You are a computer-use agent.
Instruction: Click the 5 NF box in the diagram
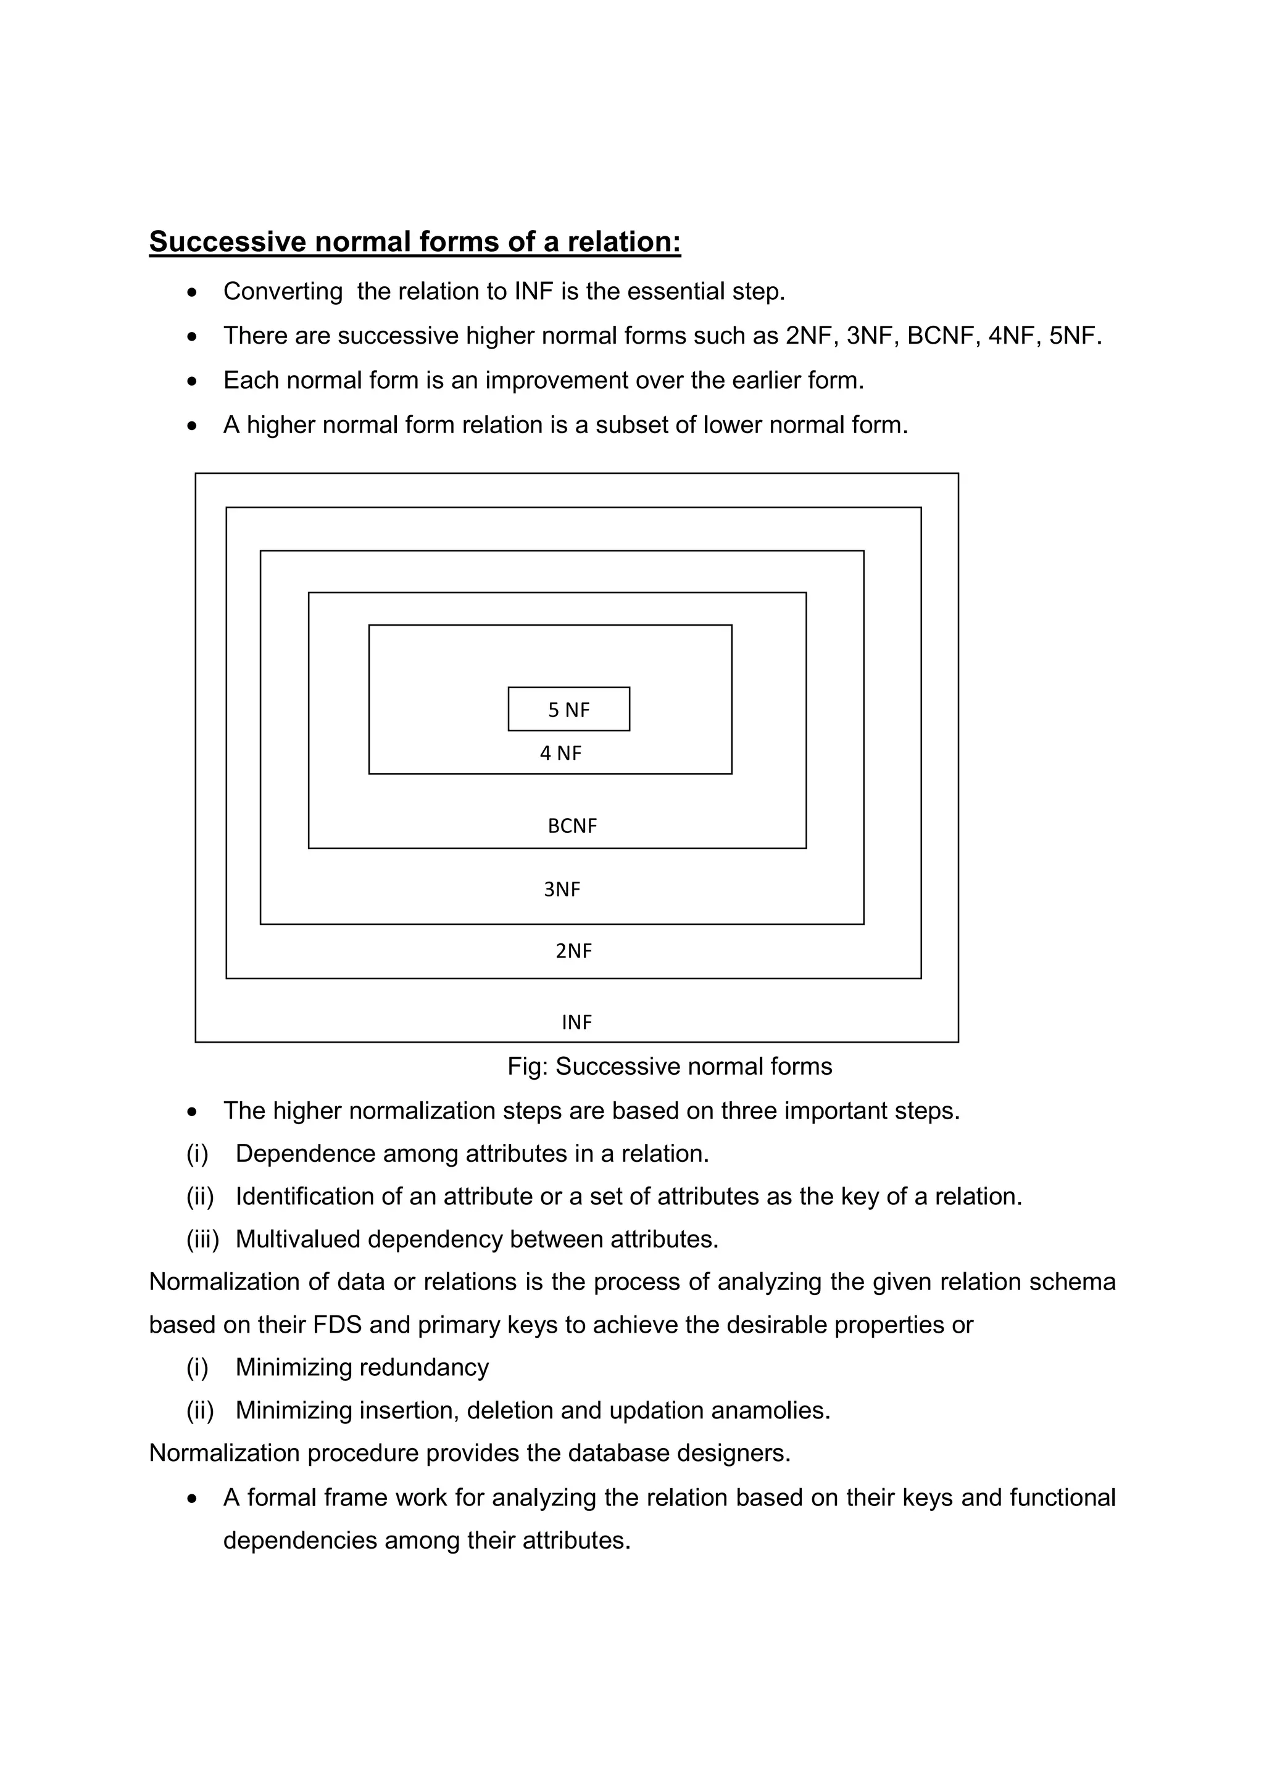tap(568, 709)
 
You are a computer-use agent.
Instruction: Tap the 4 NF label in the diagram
tap(561, 753)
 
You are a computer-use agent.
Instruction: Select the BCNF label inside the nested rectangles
tap(572, 826)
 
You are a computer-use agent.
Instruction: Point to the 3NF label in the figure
tap(562, 889)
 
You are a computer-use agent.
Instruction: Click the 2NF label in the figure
tap(574, 951)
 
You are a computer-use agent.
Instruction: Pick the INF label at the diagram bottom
tap(577, 1022)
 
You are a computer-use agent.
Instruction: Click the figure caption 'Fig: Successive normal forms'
tap(670, 1066)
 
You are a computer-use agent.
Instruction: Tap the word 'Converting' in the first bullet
tap(283, 291)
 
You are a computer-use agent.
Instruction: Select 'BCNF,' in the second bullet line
tap(941, 336)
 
